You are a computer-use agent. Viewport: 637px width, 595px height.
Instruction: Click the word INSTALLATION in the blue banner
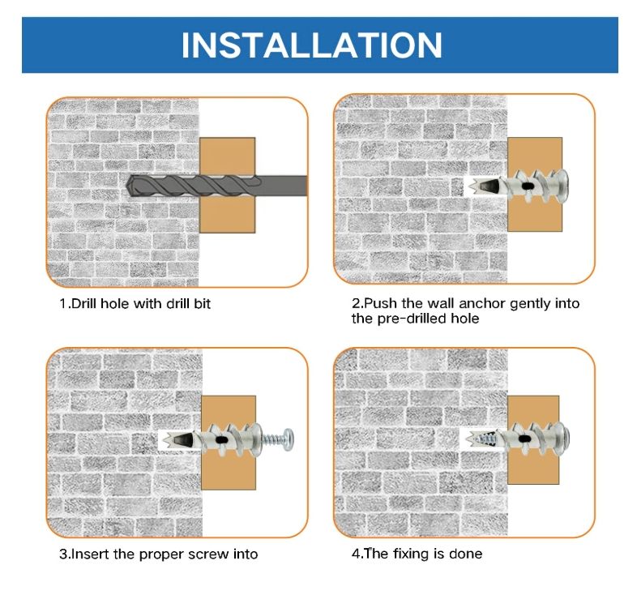click(311, 45)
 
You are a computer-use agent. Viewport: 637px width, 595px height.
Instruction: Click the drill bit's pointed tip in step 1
click(127, 187)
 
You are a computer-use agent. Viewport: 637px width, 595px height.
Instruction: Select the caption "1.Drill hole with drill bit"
click(135, 304)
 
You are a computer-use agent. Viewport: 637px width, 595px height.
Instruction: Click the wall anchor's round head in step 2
click(562, 186)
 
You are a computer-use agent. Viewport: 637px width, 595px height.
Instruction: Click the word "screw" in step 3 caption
click(209, 554)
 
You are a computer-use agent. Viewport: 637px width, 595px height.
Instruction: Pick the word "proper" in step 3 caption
click(160, 555)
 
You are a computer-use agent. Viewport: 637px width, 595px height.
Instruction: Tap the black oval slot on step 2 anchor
click(527, 186)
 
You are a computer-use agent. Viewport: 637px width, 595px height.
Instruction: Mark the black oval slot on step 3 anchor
click(221, 439)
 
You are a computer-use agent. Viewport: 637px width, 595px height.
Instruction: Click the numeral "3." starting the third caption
click(65, 554)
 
